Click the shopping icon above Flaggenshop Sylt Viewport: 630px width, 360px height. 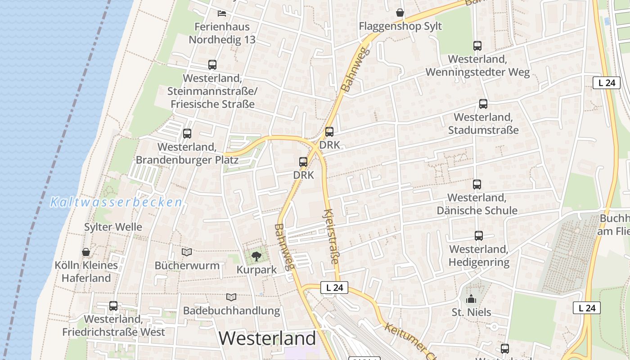pos(400,13)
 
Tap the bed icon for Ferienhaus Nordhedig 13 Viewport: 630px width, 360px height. pos(222,13)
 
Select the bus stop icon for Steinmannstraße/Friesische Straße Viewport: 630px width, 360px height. pos(212,65)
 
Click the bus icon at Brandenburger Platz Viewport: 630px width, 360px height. pos(187,134)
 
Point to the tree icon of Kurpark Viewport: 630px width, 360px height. pos(256,256)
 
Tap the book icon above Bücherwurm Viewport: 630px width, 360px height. pos(187,252)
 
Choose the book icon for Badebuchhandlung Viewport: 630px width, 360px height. pos(231,297)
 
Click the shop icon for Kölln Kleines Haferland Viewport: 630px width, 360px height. pos(86,252)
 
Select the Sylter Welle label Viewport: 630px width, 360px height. pos(113,227)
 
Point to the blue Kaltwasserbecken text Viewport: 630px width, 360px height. pos(116,202)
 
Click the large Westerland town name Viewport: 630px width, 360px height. pos(268,338)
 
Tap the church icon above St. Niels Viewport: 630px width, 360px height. pos(471,298)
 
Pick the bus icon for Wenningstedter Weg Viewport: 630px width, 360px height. pos(477,46)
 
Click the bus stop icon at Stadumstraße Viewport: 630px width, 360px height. pos(483,104)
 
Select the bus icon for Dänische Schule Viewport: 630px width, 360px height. pos(477,184)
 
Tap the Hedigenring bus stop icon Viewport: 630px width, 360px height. pos(479,236)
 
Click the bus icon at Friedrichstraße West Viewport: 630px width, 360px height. pos(113,306)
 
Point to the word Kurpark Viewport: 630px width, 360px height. pos(256,270)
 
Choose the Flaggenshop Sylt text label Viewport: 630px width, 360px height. pos(400,26)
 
